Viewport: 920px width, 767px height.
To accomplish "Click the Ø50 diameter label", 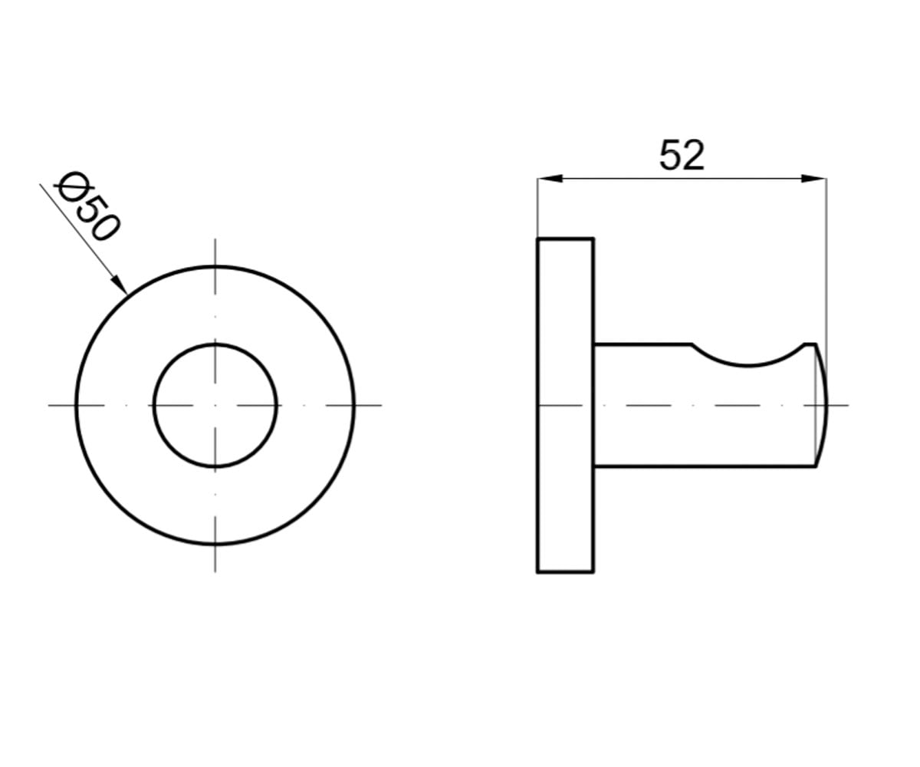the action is [87, 206].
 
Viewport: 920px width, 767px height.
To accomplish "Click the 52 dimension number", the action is [682, 155].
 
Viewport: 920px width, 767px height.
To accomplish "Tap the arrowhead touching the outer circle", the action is [119, 285].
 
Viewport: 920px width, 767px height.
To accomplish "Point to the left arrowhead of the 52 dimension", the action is [550, 179].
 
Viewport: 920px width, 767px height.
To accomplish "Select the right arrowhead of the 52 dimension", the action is [813, 179].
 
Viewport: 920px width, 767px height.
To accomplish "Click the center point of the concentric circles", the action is [215, 405].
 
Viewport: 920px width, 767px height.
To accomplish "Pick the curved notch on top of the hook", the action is [747, 365].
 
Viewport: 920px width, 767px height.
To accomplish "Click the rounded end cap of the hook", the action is [827, 405].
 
